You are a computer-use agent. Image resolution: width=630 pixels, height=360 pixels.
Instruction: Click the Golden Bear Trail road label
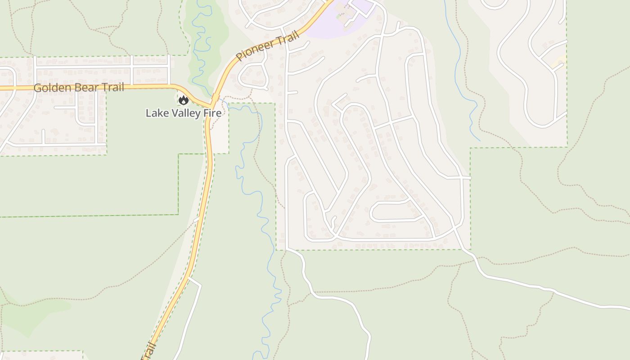point(79,87)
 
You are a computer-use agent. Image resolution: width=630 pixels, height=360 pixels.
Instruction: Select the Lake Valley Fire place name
point(184,113)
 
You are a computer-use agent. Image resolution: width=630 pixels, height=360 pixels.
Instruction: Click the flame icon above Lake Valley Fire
point(183,100)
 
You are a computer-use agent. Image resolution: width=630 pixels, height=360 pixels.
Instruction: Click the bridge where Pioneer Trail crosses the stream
point(216,97)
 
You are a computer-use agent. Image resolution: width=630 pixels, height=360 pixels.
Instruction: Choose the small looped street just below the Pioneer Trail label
point(253,76)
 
